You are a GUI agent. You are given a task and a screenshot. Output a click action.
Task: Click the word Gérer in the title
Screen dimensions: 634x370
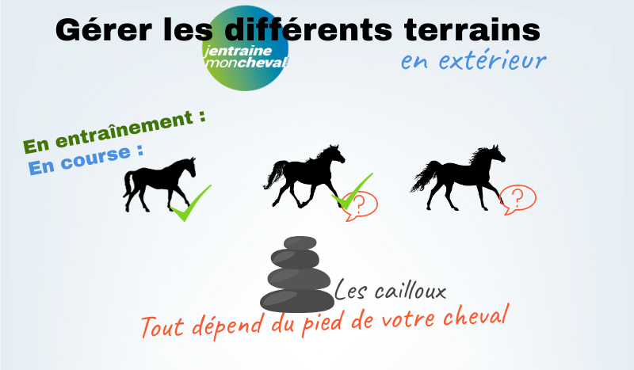tap(104, 30)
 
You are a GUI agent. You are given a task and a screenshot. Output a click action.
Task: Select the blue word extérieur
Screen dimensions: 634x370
tap(492, 61)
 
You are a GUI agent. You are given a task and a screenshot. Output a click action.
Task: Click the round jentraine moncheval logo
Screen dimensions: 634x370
tap(246, 48)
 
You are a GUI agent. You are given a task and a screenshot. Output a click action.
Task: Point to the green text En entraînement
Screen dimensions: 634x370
tap(114, 132)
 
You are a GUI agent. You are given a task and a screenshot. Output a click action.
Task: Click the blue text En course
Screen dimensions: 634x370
tap(86, 160)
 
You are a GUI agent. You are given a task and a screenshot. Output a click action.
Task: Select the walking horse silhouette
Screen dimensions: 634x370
tap(159, 185)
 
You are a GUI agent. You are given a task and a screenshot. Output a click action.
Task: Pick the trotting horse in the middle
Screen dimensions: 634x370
tap(304, 176)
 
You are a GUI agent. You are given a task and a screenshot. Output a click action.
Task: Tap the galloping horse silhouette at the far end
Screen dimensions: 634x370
tap(458, 178)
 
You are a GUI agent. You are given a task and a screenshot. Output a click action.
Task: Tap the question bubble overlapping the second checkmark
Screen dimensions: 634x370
tap(360, 206)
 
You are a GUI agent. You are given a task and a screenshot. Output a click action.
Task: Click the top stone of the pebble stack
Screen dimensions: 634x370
tap(300, 242)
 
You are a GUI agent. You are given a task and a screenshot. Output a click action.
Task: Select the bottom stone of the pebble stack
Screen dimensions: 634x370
tap(297, 301)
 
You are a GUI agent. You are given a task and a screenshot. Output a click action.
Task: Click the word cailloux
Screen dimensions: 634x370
tap(410, 290)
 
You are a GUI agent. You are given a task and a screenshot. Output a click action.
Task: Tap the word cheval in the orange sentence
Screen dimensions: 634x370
tap(475, 315)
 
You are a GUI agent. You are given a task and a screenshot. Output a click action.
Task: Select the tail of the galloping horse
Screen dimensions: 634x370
tap(426, 176)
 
